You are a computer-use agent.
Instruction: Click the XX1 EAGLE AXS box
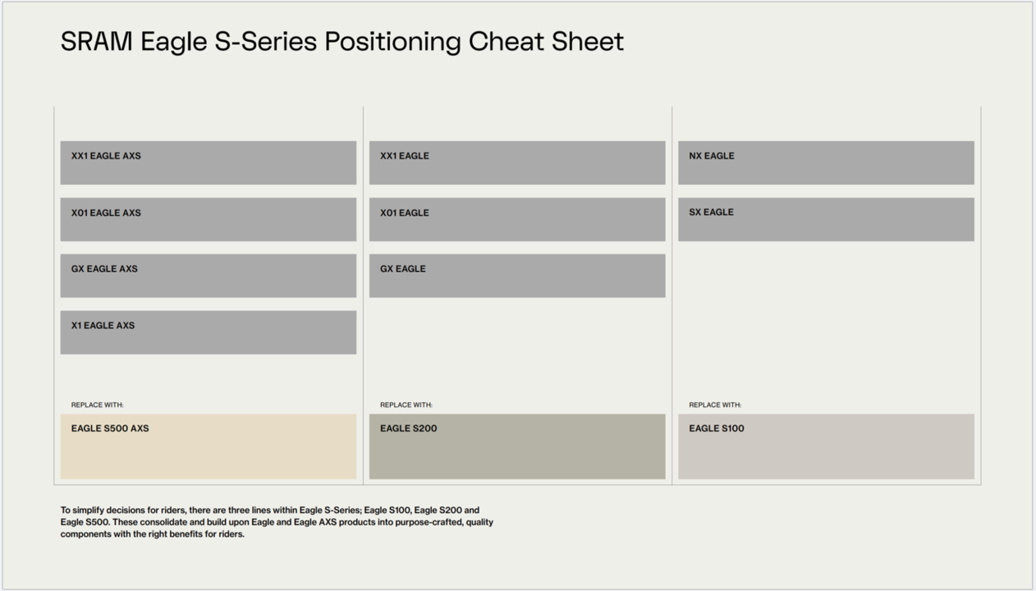[x=209, y=163]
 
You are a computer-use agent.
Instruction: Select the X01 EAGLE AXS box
[x=209, y=219]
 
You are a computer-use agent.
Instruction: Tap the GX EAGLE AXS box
[x=209, y=276]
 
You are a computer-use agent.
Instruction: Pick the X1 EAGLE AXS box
[x=209, y=332]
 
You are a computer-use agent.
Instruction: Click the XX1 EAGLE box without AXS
[x=517, y=163]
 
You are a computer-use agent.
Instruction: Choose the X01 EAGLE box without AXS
[x=517, y=219]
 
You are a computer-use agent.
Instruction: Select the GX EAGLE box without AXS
[x=517, y=276]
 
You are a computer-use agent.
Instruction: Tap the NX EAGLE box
[x=826, y=163]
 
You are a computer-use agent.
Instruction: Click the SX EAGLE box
[x=826, y=219]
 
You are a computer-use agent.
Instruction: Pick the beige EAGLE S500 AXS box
[x=209, y=447]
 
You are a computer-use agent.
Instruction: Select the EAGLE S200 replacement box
[x=517, y=447]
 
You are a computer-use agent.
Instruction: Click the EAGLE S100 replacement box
[x=826, y=447]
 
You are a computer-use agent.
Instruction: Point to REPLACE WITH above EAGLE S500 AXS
[x=97, y=405]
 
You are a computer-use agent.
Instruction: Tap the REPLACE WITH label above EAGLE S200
[x=406, y=405]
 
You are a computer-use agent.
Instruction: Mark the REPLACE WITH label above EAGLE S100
[x=715, y=405]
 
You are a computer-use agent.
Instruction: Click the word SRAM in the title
[x=97, y=41]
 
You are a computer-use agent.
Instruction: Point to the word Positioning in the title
[x=392, y=43]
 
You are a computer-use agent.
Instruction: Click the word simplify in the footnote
[x=89, y=511]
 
